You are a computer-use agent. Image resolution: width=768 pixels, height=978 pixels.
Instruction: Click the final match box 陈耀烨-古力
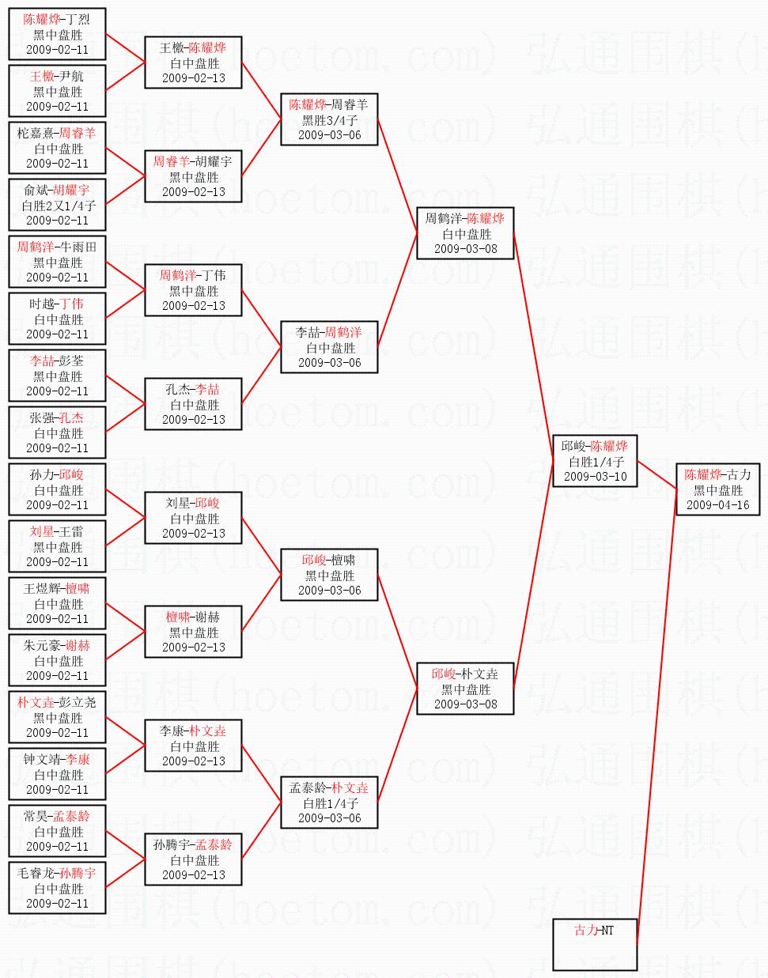point(717,489)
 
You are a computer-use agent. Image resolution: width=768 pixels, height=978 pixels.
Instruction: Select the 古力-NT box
point(595,943)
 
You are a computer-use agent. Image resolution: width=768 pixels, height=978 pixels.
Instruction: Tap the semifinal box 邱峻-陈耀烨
point(595,461)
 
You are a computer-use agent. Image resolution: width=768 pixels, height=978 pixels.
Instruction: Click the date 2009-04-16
point(717,505)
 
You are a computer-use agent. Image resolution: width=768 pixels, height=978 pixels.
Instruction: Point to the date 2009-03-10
point(595,477)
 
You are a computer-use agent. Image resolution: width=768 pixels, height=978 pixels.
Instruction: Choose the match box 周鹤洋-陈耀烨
point(465,233)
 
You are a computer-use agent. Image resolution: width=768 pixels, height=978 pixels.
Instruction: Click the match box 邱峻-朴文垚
point(465,689)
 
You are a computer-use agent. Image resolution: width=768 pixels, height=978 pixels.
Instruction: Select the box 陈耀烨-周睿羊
point(329,119)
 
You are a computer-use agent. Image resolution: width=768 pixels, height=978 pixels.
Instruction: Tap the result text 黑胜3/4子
point(329,120)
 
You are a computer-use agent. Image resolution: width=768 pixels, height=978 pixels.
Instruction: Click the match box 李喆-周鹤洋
point(329,347)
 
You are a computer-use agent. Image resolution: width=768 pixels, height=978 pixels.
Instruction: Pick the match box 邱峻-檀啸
point(329,575)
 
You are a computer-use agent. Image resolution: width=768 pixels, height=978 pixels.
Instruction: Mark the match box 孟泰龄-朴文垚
point(329,802)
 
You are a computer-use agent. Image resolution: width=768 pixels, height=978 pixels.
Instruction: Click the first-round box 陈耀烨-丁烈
point(57,34)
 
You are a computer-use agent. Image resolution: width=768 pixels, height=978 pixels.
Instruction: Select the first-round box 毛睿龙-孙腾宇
point(57,888)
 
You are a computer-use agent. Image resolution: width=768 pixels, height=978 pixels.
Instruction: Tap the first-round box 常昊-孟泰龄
point(57,831)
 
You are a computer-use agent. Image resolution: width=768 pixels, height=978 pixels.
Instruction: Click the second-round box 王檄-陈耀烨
point(193,62)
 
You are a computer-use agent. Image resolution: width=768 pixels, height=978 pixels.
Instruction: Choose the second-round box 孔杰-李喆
point(193,404)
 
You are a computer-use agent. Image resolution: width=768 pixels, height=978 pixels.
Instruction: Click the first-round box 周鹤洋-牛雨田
point(57,262)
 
